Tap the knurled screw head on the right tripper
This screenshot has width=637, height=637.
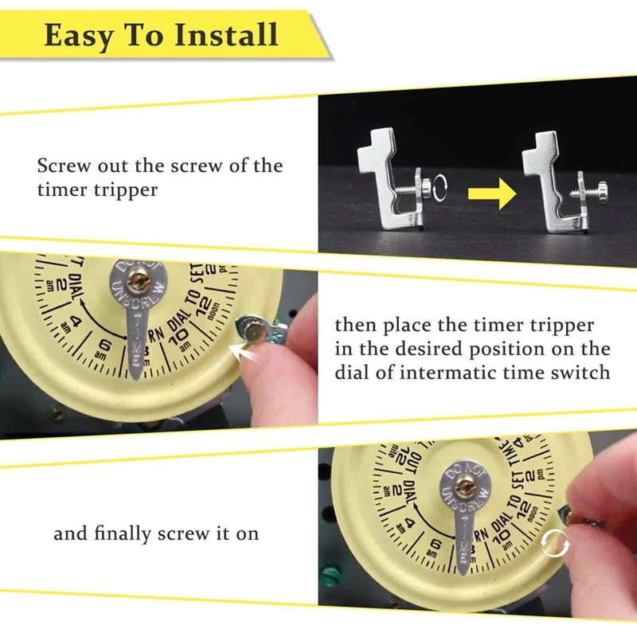point(606,192)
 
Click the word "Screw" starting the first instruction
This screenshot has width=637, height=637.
point(63,166)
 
